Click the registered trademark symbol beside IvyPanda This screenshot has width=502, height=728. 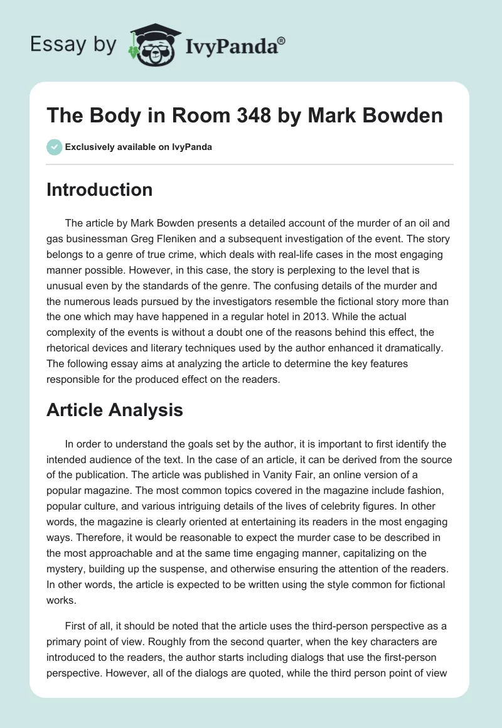(282, 40)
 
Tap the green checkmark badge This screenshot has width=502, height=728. (53, 147)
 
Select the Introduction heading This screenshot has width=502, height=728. (99, 190)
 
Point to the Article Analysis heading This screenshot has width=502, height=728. (115, 410)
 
